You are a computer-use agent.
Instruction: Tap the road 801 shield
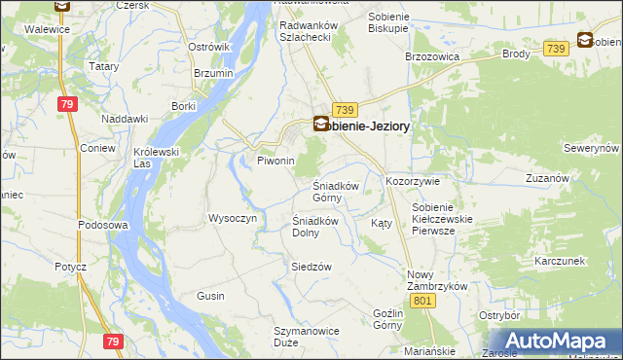point(421,303)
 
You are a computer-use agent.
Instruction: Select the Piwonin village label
point(275,161)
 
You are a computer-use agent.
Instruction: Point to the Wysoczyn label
point(233,218)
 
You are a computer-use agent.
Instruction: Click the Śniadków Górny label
point(336,192)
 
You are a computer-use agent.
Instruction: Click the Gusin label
point(210,295)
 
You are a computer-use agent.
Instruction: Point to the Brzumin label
point(213,74)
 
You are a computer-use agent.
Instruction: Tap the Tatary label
point(104,66)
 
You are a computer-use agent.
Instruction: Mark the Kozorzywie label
point(414,182)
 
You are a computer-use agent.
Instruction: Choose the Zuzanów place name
point(547,179)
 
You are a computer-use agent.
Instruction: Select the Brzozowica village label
point(431,57)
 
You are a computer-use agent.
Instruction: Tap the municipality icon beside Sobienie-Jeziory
point(321,124)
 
